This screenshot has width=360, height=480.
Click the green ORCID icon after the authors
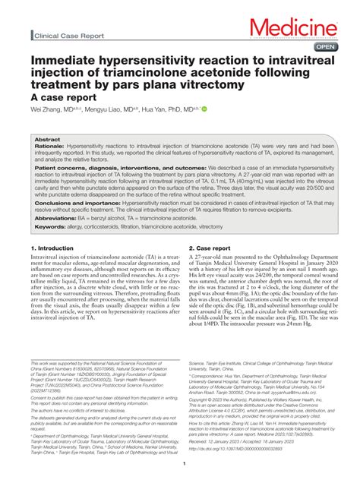tap(204, 109)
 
